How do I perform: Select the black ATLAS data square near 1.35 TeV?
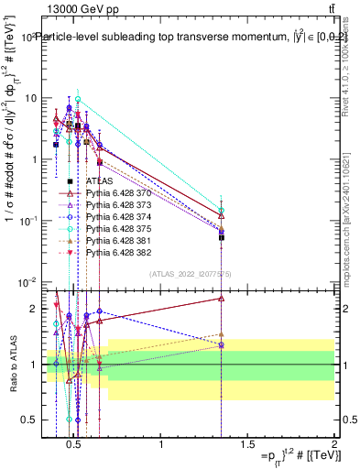click(221, 237)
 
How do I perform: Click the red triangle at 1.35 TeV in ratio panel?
click(221, 298)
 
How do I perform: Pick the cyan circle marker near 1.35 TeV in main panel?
click(221, 211)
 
